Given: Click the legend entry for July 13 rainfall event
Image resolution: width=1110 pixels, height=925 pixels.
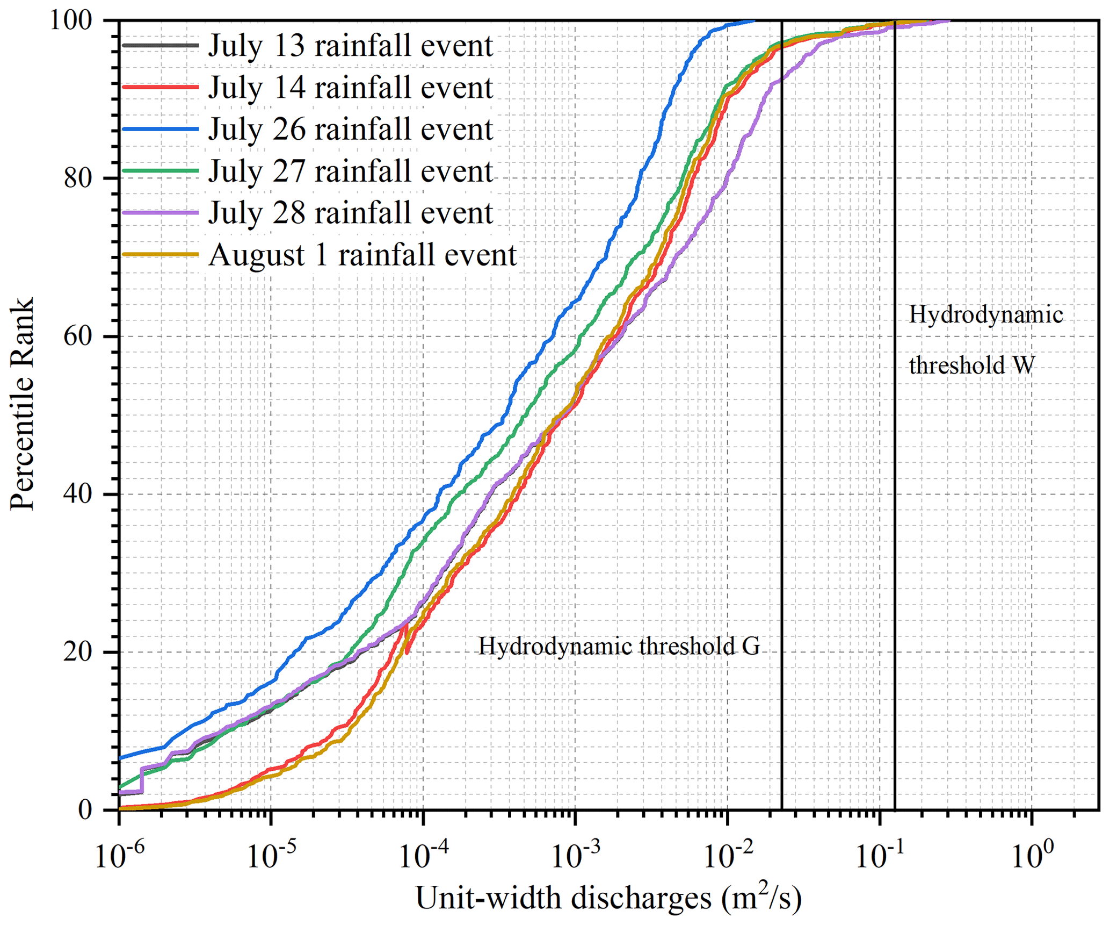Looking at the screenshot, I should pos(350,46).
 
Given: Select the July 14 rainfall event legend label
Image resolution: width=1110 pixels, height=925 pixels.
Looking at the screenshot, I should pos(350,88).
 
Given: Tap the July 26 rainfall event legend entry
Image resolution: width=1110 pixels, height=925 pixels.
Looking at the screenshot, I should pos(350,130).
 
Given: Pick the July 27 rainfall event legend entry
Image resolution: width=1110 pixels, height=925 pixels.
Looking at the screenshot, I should pos(350,171).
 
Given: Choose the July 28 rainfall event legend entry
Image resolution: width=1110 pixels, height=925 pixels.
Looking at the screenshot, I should pos(350,213).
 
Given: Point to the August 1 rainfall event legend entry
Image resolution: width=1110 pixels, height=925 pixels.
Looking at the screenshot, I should pos(362,255).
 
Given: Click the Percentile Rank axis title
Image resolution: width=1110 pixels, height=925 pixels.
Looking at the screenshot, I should pos(23,403).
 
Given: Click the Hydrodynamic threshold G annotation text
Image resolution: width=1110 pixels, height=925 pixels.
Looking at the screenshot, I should pos(619,647).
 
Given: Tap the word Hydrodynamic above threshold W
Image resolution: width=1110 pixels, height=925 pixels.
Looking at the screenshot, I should pos(985,315).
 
